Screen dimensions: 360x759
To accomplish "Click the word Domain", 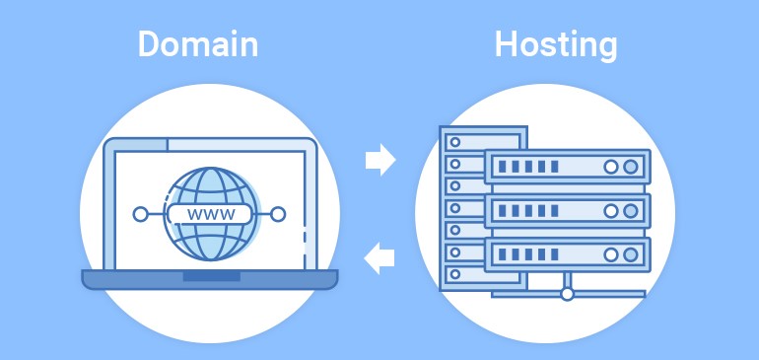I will (197, 44).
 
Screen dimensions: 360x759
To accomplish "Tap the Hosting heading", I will (556, 44).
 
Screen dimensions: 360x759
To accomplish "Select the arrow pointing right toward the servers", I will (379, 159).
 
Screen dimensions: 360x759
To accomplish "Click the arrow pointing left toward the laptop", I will (379, 258).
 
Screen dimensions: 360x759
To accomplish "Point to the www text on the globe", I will (210, 213).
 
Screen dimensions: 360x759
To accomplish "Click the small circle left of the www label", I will (140, 213).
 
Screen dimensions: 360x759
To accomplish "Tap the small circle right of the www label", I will (279, 213).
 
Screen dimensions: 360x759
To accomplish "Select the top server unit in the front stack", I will (567, 166).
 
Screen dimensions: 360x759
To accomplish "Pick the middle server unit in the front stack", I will (567, 210).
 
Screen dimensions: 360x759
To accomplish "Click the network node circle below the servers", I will (567, 293).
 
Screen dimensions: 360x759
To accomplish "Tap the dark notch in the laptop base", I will (210, 277).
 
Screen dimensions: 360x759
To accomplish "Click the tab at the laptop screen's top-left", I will (142, 145).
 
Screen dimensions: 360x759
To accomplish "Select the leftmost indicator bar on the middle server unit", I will (503, 210).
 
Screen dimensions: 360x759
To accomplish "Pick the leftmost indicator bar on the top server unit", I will (503, 167).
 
